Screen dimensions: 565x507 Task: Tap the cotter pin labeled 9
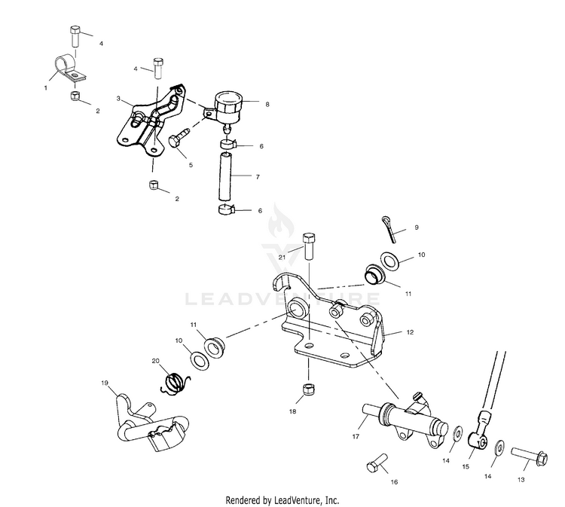(389, 230)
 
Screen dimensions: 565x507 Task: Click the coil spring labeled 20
(175, 383)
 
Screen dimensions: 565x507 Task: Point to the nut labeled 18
(307, 389)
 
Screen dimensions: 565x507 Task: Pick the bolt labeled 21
(310, 246)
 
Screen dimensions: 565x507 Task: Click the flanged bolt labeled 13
(529, 456)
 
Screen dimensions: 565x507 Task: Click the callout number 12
(410, 332)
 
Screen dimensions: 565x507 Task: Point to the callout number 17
(356, 436)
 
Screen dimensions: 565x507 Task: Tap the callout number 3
(118, 99)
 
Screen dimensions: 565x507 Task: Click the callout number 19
(105, 383)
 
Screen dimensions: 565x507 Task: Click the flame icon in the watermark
(277, 221)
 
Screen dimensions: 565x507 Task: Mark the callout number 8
(267, 105)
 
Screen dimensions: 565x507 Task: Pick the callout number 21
(282, 257)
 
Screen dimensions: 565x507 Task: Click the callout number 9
(417, 228)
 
